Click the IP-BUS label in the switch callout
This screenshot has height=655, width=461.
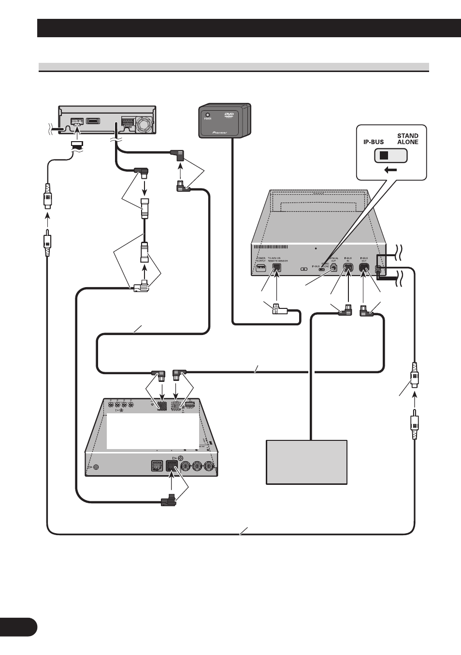[374, 142]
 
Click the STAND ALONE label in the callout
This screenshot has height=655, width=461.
[407, 139]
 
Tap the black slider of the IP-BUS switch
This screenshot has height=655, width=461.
[384, 156]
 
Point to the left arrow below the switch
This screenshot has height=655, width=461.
[391, 170]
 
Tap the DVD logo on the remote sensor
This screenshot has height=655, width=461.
[229, 116]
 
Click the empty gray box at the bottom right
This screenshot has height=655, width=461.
[306, 462]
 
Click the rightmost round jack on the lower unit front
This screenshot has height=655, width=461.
[209, 466]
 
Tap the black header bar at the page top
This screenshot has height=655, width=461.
[249, 28]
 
